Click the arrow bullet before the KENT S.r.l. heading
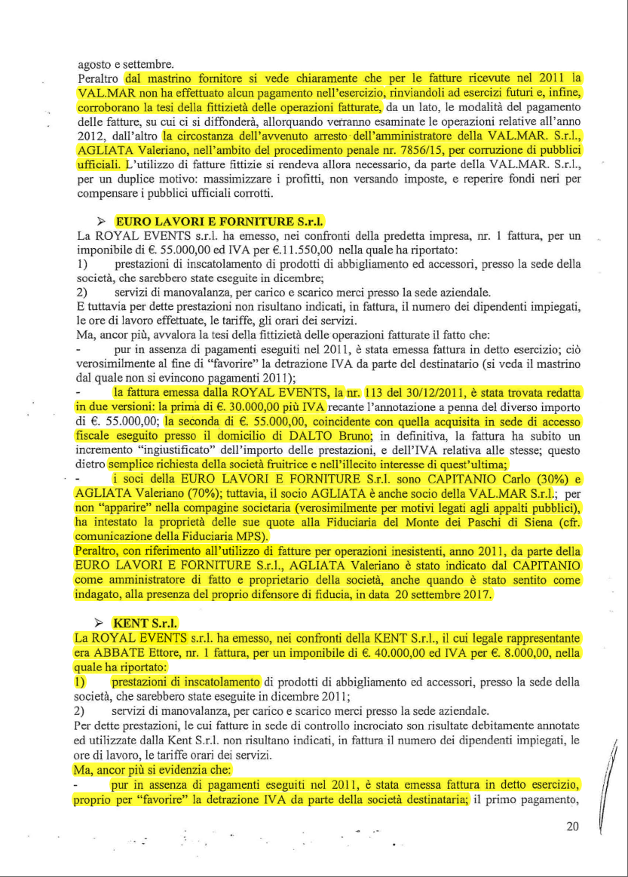tap(99, 624)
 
